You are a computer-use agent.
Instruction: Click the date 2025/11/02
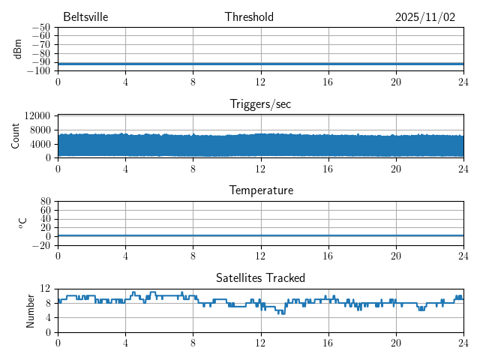click(425, 17)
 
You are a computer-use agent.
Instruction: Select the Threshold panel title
click(249, 17)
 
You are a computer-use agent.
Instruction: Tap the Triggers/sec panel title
click(260, 104)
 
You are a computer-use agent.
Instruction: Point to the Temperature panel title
click(260, 190)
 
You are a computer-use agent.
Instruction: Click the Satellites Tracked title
click(260, 277)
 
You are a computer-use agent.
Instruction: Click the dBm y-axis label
click(18, 49)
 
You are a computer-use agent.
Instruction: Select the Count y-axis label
click(16, 136)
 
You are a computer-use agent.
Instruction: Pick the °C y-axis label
click(22, 223)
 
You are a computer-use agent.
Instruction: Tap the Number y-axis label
click(31, 310)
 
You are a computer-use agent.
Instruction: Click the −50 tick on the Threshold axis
click(40, 28)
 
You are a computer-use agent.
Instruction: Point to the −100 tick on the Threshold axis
click(38, 70)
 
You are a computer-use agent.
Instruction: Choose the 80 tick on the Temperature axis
click(46, 202)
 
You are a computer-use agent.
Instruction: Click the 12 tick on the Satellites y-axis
click(46, 289)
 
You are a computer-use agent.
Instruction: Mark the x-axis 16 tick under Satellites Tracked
click(328, 343)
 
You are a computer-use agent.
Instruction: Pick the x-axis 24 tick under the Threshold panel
click(463, 82)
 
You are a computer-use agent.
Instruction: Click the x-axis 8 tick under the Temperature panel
click(193, 256)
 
